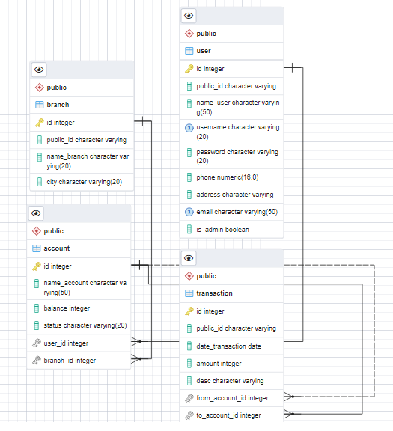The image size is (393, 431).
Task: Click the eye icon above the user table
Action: click(189, 16)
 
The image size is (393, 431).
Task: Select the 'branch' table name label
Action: click(58, 105)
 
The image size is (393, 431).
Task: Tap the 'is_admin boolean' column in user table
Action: click(222, 230)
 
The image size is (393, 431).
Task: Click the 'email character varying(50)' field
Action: click(231, 212)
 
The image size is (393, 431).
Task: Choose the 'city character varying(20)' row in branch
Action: click(79, 182)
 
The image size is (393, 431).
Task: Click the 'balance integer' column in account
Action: click(67, 308)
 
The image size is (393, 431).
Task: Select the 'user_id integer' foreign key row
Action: click(66, 343)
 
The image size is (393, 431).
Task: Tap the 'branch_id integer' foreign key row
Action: click(70, 361)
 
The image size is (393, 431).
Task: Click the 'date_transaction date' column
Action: click(228, 346)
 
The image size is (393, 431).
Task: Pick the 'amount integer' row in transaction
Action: click(219, 363)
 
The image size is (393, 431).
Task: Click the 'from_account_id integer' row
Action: click(232, 398)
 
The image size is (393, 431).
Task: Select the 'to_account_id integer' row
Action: click(228, 415)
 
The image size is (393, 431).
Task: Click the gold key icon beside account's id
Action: click(37, 266)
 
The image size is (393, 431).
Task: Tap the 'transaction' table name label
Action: click(214, 293)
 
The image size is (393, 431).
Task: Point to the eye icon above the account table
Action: click(37, 213)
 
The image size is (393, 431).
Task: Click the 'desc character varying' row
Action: click(230, 381)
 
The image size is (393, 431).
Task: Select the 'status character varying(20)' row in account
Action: click(85, 325)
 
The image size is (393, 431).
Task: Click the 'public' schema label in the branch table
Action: click(56, 88)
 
